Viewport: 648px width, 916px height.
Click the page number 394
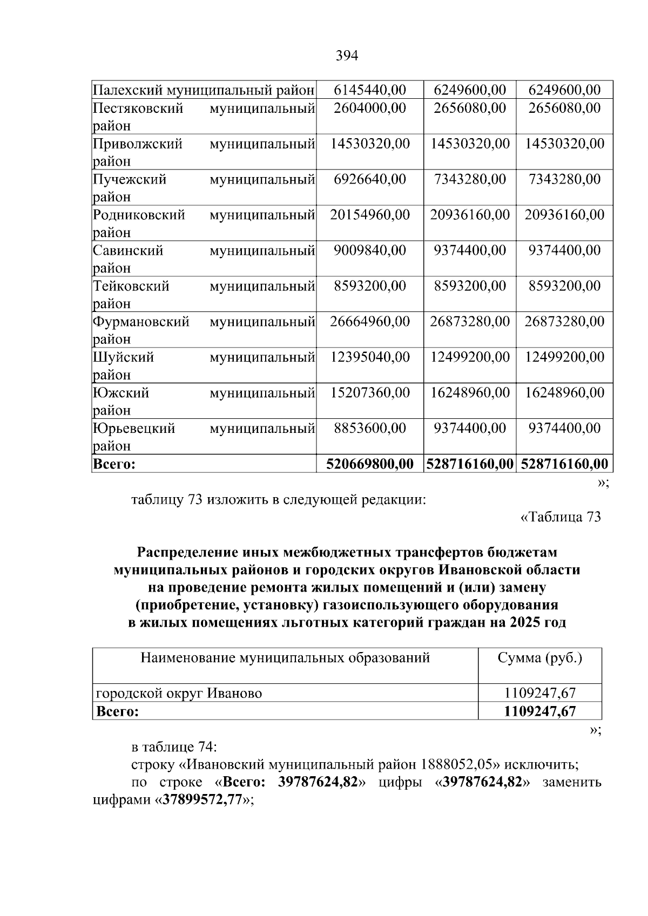point(347,56)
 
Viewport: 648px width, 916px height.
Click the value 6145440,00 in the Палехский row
point(370,90)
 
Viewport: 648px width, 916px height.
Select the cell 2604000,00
point(370,108)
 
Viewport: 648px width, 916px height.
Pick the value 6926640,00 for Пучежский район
point(370,179)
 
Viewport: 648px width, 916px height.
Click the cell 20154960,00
point(370,215)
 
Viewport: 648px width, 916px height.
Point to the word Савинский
point(128,250)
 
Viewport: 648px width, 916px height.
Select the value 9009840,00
point(370,250)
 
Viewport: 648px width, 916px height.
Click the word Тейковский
point(131,286)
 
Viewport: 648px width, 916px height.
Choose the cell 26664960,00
point(370,322)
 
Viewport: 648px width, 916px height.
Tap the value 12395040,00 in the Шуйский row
point(370,357)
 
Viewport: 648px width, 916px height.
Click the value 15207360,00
point(370,393)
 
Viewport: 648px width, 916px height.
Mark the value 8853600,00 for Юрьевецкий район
point(370,429)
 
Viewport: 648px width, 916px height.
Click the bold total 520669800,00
point(370,464)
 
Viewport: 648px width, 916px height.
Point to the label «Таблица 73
point(560,517)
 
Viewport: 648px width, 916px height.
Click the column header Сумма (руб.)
point(539,658)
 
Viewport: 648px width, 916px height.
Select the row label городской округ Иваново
point(179,693)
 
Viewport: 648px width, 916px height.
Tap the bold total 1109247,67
point(539,711)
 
